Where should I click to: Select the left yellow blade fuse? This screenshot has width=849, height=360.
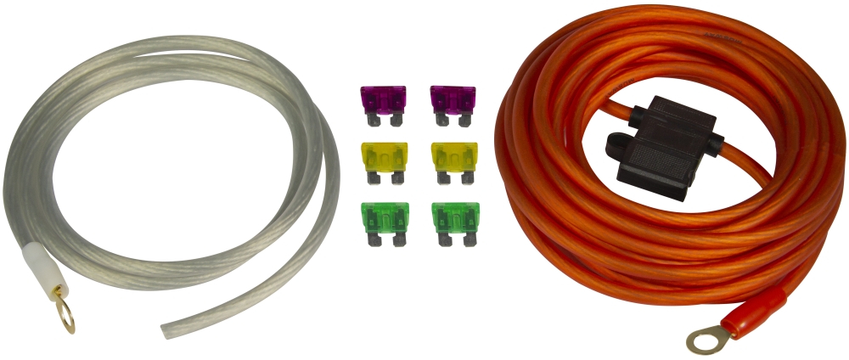coord(385,157)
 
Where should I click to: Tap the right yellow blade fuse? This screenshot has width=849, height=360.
coord(454,157)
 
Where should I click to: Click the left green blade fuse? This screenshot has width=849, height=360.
coord(385,218)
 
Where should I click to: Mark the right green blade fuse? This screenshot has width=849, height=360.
coord(454,218)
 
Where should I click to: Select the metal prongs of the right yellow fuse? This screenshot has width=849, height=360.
coord(454,178)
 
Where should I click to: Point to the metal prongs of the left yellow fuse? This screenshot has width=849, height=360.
coord(385,178)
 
